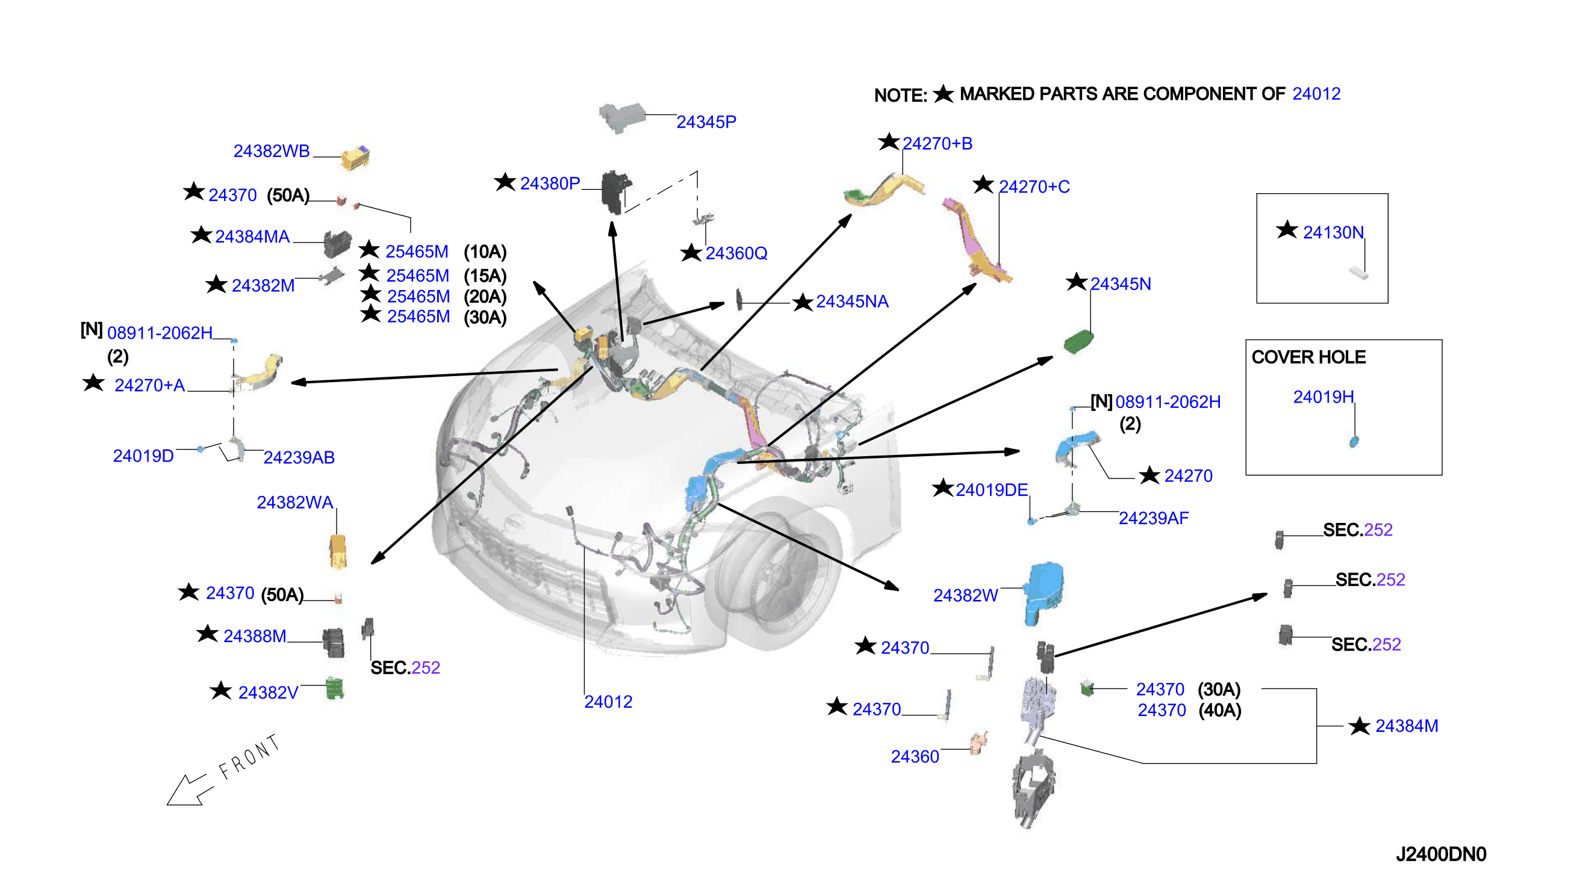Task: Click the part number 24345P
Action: [x=706, y=122]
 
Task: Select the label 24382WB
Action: [x=271, y=151]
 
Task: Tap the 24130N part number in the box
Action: [x=1333, y=232]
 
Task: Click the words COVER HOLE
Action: [x=1308, y=357]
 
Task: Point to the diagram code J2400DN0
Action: [x=1441, y=854]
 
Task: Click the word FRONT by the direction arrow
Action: [x=249, y=758]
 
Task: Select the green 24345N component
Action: [x=1078, y=342]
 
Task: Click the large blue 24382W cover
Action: [x=1042, y=592]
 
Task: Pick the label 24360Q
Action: [x=736, y=253]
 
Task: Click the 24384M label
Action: [x=1407, y=726]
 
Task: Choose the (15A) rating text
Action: [x=485, y=276]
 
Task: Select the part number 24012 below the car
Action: [x=608, y=702]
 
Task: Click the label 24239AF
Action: [x=1153, y=518]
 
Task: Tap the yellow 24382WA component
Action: [x=338, y=551]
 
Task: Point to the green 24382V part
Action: [x=334, y=688]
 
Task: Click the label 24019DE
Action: [x=991, y=490]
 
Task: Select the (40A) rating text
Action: [x=1219, y=710]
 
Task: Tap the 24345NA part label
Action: [x=851, y=301]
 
